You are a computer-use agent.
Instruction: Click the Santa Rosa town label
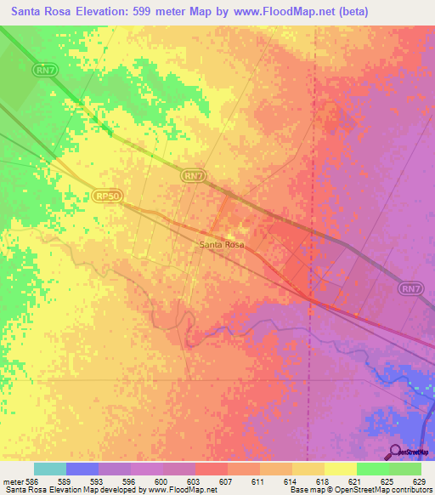click(222, 245)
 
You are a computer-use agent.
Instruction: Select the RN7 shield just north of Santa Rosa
click(194, 175)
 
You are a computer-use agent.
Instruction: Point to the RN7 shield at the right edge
click(411, 289)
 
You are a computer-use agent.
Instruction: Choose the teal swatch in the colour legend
click(49, 469)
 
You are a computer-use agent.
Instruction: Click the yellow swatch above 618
click(308, 469)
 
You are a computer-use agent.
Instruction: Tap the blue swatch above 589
click(82, 469)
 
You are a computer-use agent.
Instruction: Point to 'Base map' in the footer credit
click(306, 491)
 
